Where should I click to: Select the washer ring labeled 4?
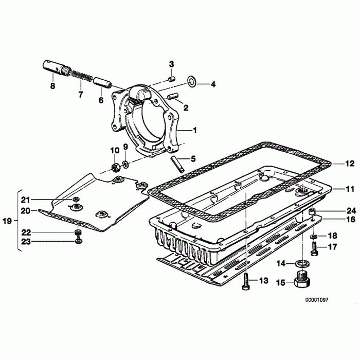[x=192, y=81]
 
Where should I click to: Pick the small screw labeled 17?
[x=314, y=249]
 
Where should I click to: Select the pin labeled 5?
[x=178, y=164]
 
